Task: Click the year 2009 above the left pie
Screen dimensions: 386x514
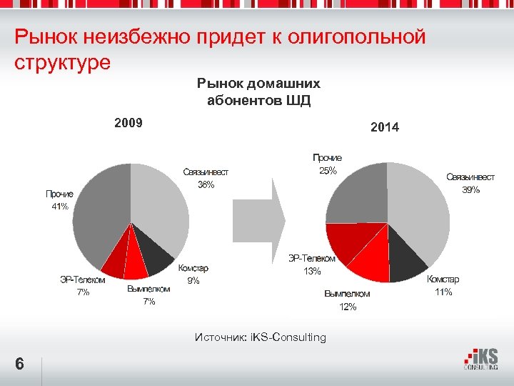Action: click(x=128, y=122)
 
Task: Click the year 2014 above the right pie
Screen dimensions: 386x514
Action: click(x=385, y=127)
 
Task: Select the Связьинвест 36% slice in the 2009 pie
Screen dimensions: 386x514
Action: click(x=161, y=204)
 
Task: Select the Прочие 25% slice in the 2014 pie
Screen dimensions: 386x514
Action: click(x=357, y=193)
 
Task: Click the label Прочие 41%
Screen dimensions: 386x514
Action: click(x=59, y=200)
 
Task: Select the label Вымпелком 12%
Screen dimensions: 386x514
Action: click(x=347, y=300)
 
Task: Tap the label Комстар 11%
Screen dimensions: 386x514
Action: click(x=443, y=285)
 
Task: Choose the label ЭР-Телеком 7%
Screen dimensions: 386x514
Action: click(x=83, y=286)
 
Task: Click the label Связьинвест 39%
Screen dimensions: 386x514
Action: click(x=470, y=183)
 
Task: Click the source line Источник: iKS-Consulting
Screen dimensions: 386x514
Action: click(x=260, y=337)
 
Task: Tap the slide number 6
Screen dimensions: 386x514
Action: click(x=20, y=365)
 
